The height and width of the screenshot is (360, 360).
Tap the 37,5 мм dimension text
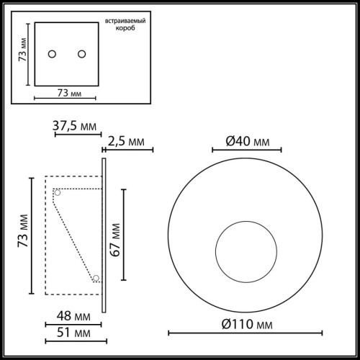pos(76,127)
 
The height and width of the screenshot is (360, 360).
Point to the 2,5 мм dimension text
pos(130,141)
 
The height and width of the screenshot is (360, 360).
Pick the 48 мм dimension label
pos(73,316)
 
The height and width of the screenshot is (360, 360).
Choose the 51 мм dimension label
pos(73,333)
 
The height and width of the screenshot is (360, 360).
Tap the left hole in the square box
pos(52,55)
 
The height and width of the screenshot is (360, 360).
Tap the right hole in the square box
pos(81,55)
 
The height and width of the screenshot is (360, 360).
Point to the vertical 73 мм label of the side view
pos(22,235)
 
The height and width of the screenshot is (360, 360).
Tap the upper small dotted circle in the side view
pos(57,192)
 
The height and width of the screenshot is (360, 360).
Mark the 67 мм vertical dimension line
pos(123,234)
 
